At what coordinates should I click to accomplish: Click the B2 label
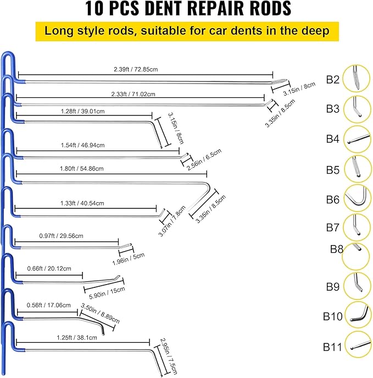332,80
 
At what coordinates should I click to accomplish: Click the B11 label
332,347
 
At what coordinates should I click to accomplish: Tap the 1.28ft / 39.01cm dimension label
83,112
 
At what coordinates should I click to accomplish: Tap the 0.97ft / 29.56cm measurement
62,236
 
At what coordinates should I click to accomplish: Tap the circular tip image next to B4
355,138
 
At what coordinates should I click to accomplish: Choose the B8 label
337,249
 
